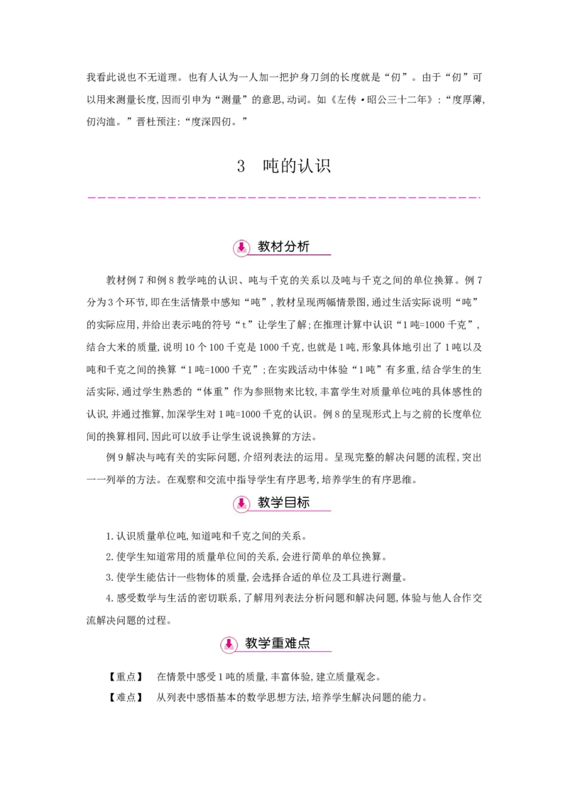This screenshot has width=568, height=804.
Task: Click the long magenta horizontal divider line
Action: (x=284, y=196)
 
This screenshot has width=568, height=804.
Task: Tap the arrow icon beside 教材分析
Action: (x=241, y=247)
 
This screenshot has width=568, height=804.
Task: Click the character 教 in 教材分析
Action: (x=264, y=246)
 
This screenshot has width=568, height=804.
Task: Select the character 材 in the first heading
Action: (x=277, y=246)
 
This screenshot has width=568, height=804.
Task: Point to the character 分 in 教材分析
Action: (x=290, y=246)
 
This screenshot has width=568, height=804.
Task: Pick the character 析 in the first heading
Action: (x=303, y=246)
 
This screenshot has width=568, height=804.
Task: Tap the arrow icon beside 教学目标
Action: (x=241, y=504)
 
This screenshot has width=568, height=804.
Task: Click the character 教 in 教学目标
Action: (x=264, y=502)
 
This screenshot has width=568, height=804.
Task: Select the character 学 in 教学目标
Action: (x=277, y=502)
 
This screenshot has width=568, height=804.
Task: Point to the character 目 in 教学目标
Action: (x=290, y=502)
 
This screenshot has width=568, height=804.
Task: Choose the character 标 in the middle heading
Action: (x=303, y=502)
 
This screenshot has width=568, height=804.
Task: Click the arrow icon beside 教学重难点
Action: (x=229, y=644)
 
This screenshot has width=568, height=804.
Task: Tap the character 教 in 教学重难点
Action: (x=251, y=643)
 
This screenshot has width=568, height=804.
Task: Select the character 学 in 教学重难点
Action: (x=264, y=643)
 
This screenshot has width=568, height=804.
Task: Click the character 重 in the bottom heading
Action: (x=278, y=643)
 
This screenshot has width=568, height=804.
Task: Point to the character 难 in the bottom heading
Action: (x=290, y=643)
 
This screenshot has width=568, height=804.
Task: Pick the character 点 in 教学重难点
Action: (x=304, y=643)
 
